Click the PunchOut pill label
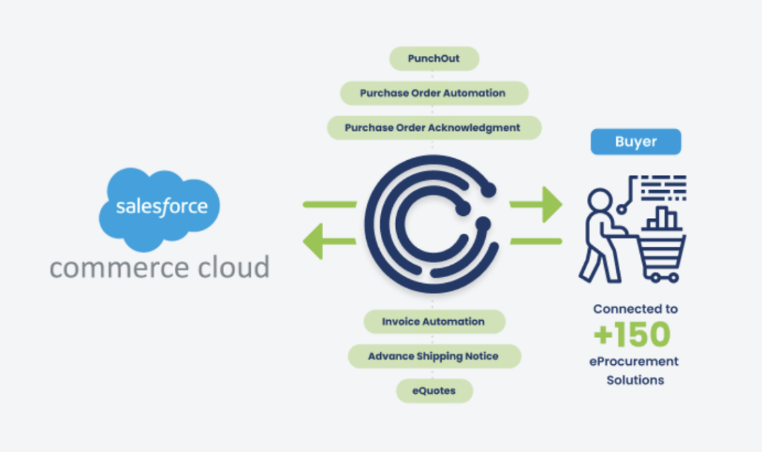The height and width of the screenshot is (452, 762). [x=434, y=59]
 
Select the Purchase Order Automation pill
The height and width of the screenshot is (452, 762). [x=433, y=93]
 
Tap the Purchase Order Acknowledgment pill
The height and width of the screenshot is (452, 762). [x=433, y=127]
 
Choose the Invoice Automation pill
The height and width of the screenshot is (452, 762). [x=433, y=322]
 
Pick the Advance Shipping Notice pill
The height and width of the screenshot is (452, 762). [x=433, y=356]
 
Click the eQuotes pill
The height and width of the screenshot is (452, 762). [x=433, y=390]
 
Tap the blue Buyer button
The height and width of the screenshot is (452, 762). [x=635, y=141]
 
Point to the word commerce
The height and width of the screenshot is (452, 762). [x=119, y=267]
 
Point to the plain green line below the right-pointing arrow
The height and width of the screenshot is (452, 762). [x=536, y=241]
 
